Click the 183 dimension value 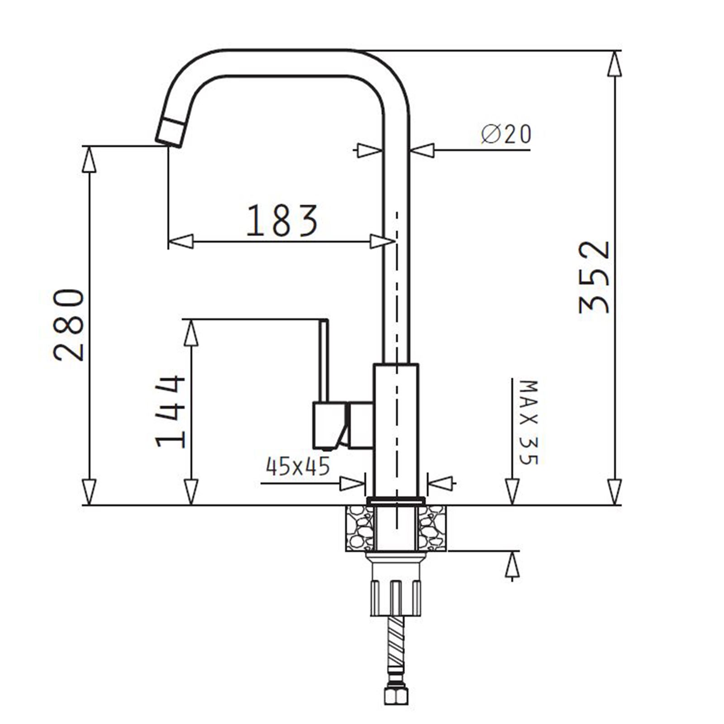click(x=282, y=221)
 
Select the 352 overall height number click(x=595, y=277)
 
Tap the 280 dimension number click(x=69, y=324)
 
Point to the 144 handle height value click(x=171, y=411)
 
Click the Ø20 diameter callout click(x=506, y=134)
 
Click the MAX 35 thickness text click(x=528, y=423)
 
